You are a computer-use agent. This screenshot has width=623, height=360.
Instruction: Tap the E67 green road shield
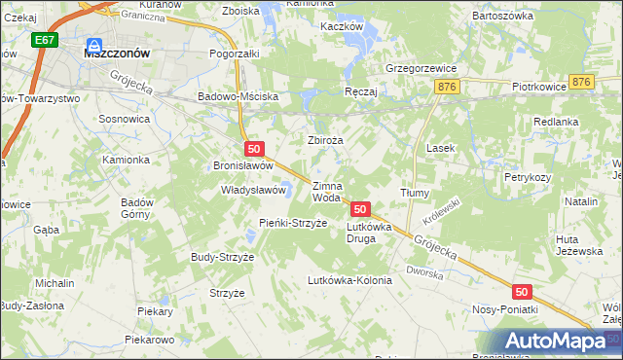coord(43,42)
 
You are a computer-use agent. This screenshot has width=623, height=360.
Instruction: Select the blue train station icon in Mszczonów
coord(94,45)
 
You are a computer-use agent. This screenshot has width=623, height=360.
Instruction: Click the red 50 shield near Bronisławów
coord(254,149)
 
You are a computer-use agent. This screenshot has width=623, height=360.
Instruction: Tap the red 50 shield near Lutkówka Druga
coord(360,209)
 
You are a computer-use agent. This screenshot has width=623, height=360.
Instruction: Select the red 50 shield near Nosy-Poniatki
coord(522,291)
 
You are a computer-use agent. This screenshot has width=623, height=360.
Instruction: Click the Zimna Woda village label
coord(326,191)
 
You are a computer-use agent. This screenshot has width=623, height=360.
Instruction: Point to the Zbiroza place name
coord(326,140)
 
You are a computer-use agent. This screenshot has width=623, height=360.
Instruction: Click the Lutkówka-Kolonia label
coord(348,280)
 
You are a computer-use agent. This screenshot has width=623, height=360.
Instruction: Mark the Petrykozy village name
coord(528,178)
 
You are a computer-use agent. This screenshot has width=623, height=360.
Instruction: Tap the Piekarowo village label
coord(149,340)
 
